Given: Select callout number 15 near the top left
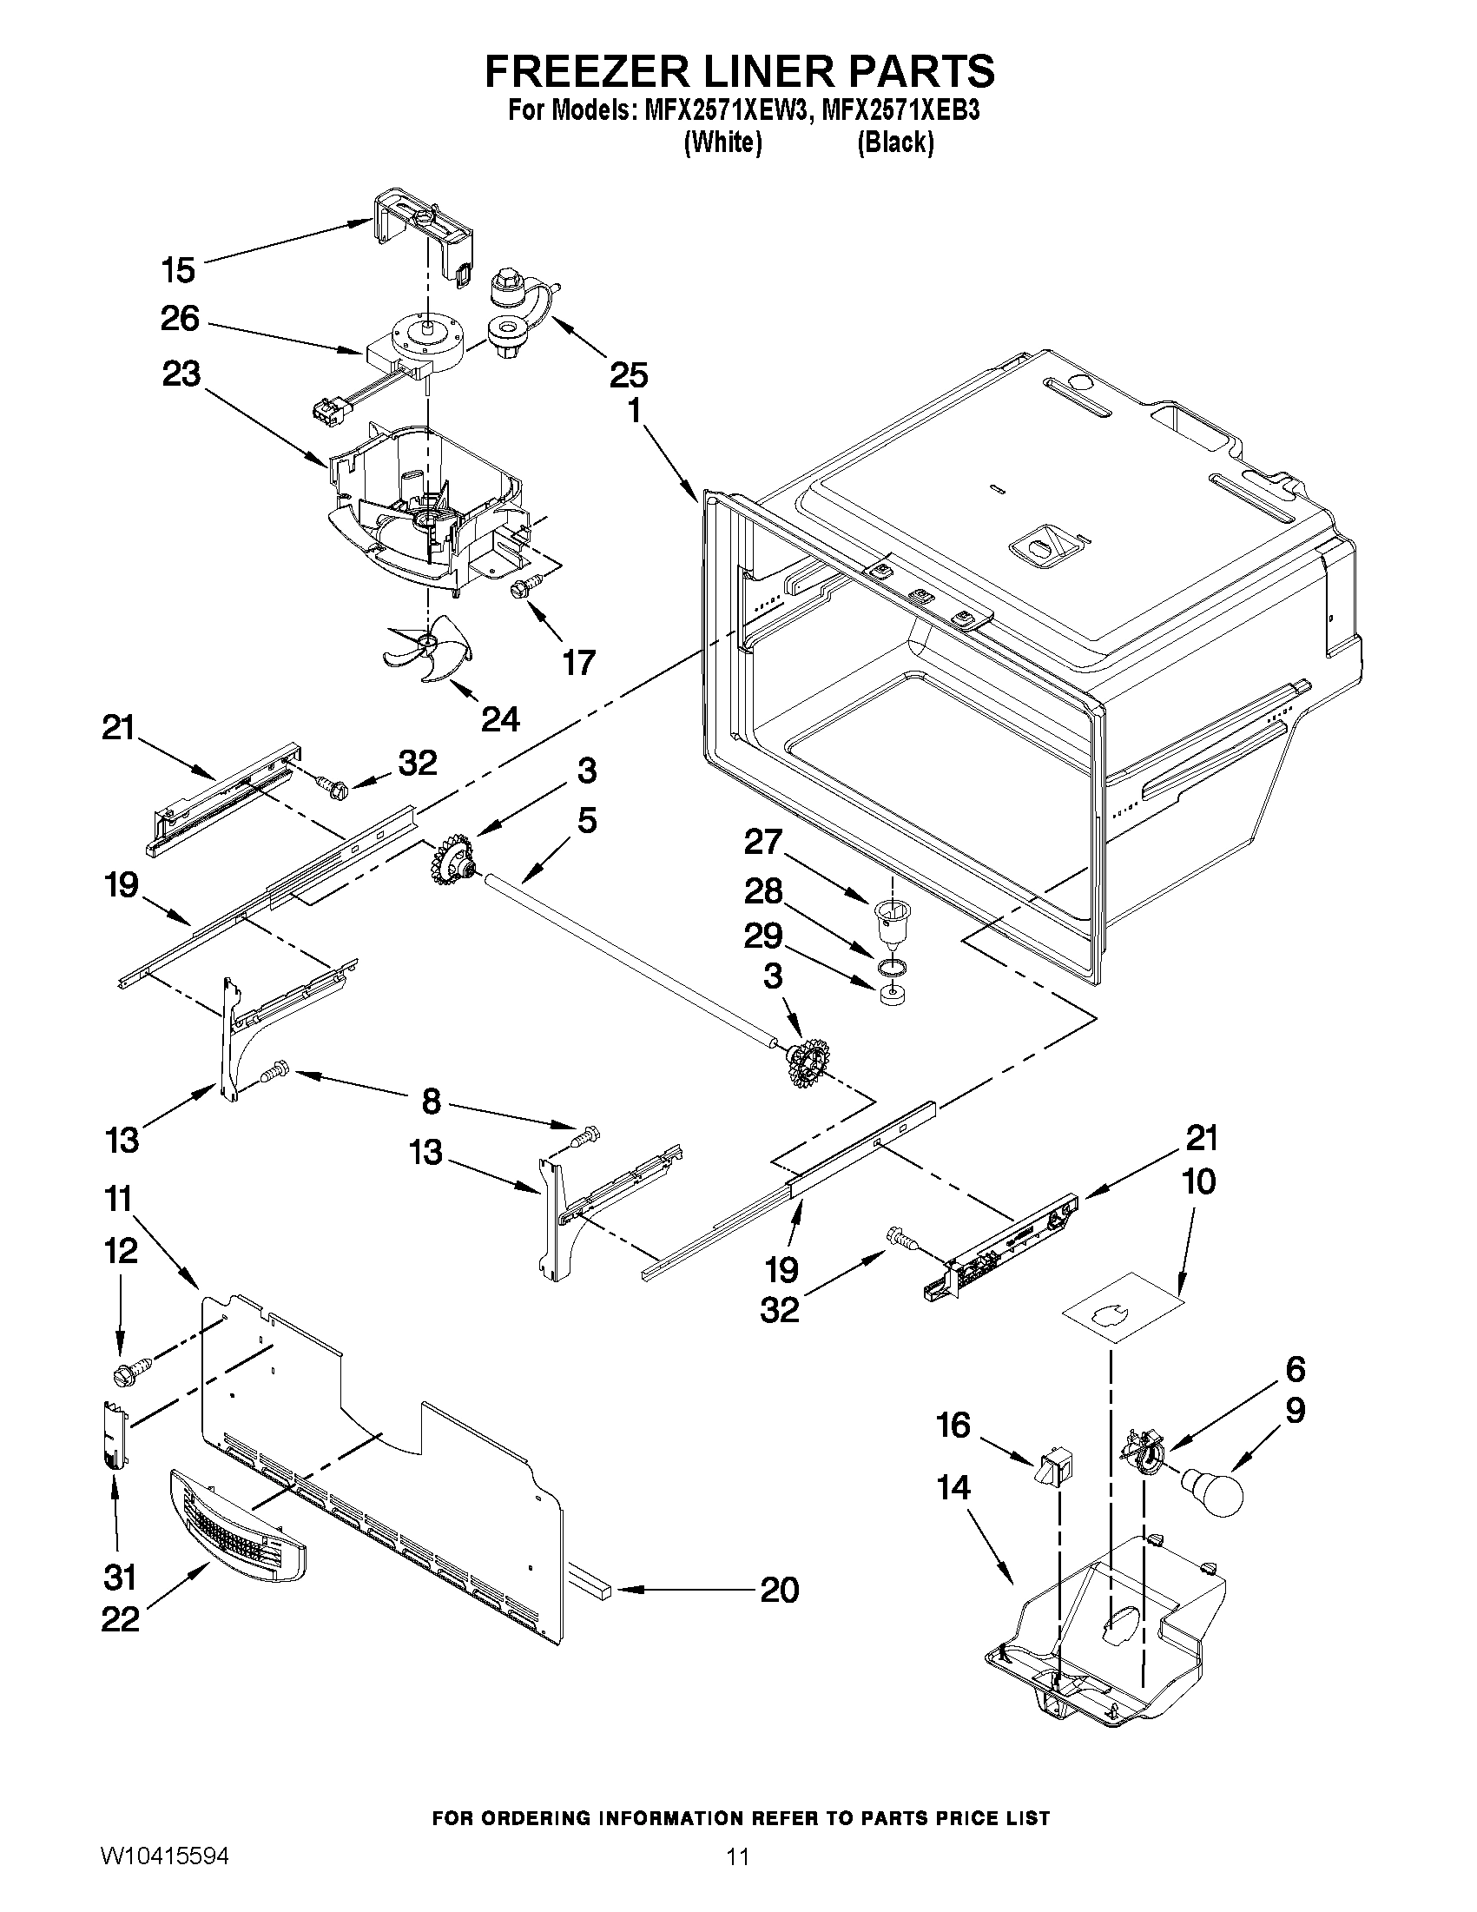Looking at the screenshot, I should [179, 269].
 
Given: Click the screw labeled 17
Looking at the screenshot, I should [520, 591].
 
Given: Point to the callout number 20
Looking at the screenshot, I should [779, 1589].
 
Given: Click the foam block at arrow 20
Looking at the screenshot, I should [594, 1585].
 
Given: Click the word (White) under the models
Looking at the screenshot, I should [722, 142].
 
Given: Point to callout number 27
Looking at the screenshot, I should [762, 841].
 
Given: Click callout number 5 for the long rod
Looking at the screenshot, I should [586, 821].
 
